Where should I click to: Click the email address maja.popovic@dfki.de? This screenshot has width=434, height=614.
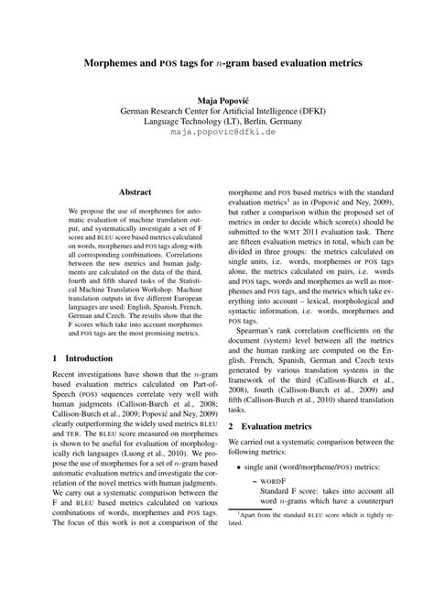217,132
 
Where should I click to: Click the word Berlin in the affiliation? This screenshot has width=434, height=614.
232,120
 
